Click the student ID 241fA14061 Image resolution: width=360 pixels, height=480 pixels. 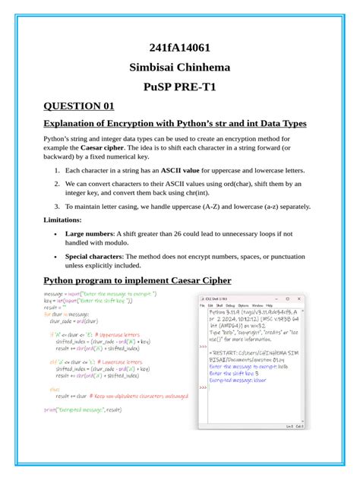click(x=180, y=46)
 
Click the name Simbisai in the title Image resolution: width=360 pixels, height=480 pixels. click(x=156, y=67)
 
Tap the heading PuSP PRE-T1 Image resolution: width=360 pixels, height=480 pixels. click(x=180, y=87)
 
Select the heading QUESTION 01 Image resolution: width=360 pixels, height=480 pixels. click(x=79, y=106)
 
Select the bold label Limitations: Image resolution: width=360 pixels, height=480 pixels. click(x=67, y=219)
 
